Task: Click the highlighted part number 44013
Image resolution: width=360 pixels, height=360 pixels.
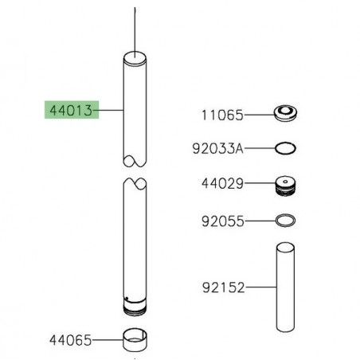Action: point(71,110)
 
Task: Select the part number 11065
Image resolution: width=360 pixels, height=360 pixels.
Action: point(222,115)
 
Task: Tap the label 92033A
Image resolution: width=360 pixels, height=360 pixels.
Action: point(217,148)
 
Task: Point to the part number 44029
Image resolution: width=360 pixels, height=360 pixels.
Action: point(222,183)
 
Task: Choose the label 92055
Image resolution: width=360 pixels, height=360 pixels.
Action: point(222,221)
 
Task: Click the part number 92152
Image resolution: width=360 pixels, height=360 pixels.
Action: point(223,288)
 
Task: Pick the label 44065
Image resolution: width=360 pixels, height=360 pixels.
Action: point(71,340)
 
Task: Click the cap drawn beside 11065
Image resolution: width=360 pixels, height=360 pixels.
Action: point(285,113)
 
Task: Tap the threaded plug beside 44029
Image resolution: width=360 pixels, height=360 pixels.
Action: point(285,186)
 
